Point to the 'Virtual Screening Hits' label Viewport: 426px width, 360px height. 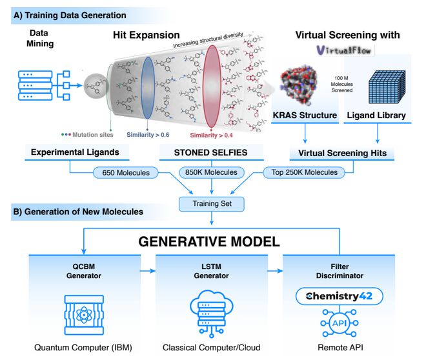pos(343,154)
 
